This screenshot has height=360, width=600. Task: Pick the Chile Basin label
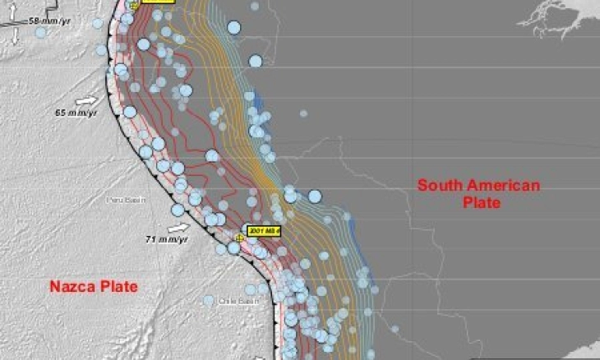[x=233, y=301]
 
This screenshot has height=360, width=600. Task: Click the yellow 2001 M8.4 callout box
[x=264, y=231]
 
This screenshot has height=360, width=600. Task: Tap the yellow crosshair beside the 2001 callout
[x=239, y=238]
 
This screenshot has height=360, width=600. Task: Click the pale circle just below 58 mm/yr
[x=40, y=32]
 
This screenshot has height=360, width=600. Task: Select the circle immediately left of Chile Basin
[x=209, y=300]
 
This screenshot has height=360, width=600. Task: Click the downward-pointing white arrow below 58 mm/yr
[x=15, y=38]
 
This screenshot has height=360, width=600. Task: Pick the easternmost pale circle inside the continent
[x=395, y=330]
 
